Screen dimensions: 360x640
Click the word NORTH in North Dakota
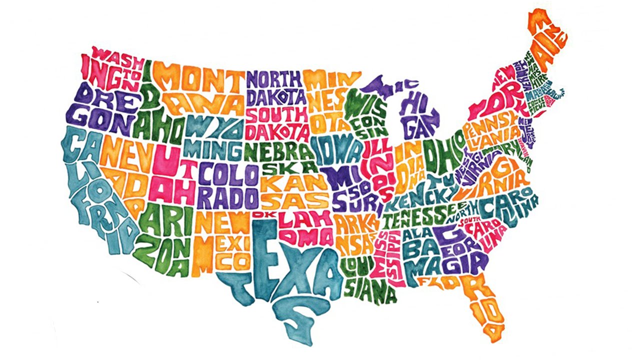(274, 79)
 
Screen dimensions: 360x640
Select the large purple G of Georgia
(446, 233)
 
